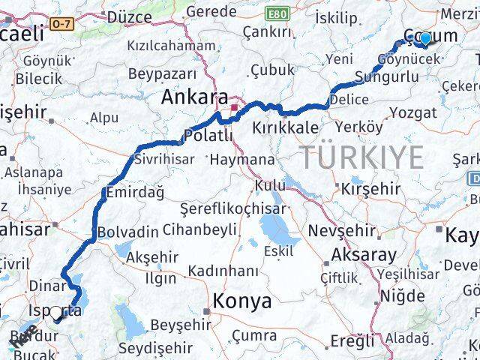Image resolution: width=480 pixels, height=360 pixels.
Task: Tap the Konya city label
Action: [x=241, y=301]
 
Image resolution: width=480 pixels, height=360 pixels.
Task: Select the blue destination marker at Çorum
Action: [x=425, y=38]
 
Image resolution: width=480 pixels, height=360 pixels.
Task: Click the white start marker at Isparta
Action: [x=55, y=313]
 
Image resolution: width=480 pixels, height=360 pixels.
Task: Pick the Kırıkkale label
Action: [x=286, y=127]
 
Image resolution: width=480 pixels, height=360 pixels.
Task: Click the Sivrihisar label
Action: [x=164, y=159]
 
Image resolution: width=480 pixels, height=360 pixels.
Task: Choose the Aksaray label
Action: [x=364, y=253]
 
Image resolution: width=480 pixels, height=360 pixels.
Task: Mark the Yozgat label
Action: [x=414, y=112]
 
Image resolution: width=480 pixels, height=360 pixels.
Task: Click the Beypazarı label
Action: [x=162, y=73]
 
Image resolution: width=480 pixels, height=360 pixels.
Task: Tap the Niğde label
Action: [x=403, y=295]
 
